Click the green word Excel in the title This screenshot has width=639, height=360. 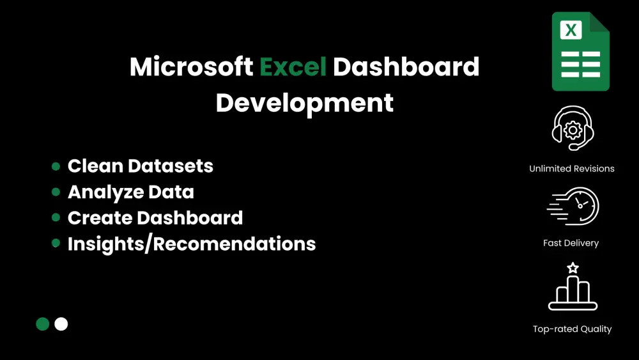293,67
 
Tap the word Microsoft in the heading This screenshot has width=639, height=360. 191,67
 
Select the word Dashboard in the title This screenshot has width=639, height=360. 406,67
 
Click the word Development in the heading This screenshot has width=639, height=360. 304,103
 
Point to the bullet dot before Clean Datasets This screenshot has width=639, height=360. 56,166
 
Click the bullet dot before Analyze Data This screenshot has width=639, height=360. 56,192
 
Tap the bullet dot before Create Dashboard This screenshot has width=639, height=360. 56,217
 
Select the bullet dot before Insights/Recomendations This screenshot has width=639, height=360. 56,244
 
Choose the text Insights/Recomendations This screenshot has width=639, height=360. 192,244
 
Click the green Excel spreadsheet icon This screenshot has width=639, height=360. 580,52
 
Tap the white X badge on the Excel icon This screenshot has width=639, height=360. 571,30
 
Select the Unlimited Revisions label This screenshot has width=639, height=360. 572,169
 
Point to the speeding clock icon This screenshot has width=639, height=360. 573,207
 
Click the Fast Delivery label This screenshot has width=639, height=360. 571,243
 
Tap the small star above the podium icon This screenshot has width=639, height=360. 573,267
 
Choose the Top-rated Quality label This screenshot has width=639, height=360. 572,329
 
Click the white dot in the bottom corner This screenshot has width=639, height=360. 61,324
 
